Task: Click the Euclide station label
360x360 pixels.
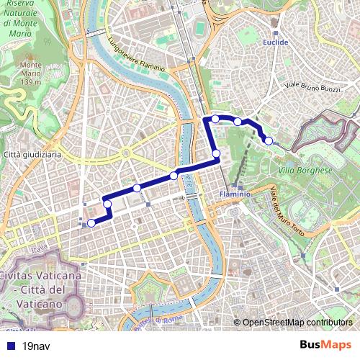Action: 276,42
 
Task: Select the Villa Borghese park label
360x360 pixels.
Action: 304,171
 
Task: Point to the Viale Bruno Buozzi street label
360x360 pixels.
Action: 315,86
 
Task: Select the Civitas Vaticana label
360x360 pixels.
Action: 40,276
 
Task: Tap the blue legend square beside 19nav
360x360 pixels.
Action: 9,346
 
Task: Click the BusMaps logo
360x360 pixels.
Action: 325,345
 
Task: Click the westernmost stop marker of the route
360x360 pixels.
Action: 91,223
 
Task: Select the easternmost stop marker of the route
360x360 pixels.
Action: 269,140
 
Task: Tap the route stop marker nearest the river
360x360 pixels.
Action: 174,176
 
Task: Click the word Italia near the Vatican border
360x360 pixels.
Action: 40,248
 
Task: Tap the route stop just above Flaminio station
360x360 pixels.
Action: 216,153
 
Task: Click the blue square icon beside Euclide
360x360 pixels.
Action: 276,32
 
